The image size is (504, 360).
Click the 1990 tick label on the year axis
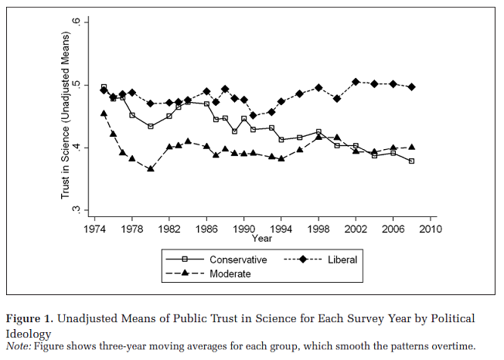tap(243, 229)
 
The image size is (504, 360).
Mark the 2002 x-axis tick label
tap(355, 229)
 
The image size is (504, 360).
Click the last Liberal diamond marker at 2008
tap(411, 87)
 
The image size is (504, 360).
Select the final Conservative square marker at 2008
tap(411, 161)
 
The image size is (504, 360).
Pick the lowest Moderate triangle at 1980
tap(151, 168)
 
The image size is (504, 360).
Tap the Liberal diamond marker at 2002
tap(356, 81)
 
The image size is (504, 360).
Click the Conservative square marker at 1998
tap(318, 132)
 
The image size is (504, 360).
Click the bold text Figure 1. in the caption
tap(31, 318)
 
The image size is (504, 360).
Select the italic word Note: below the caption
tap(19, 346)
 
